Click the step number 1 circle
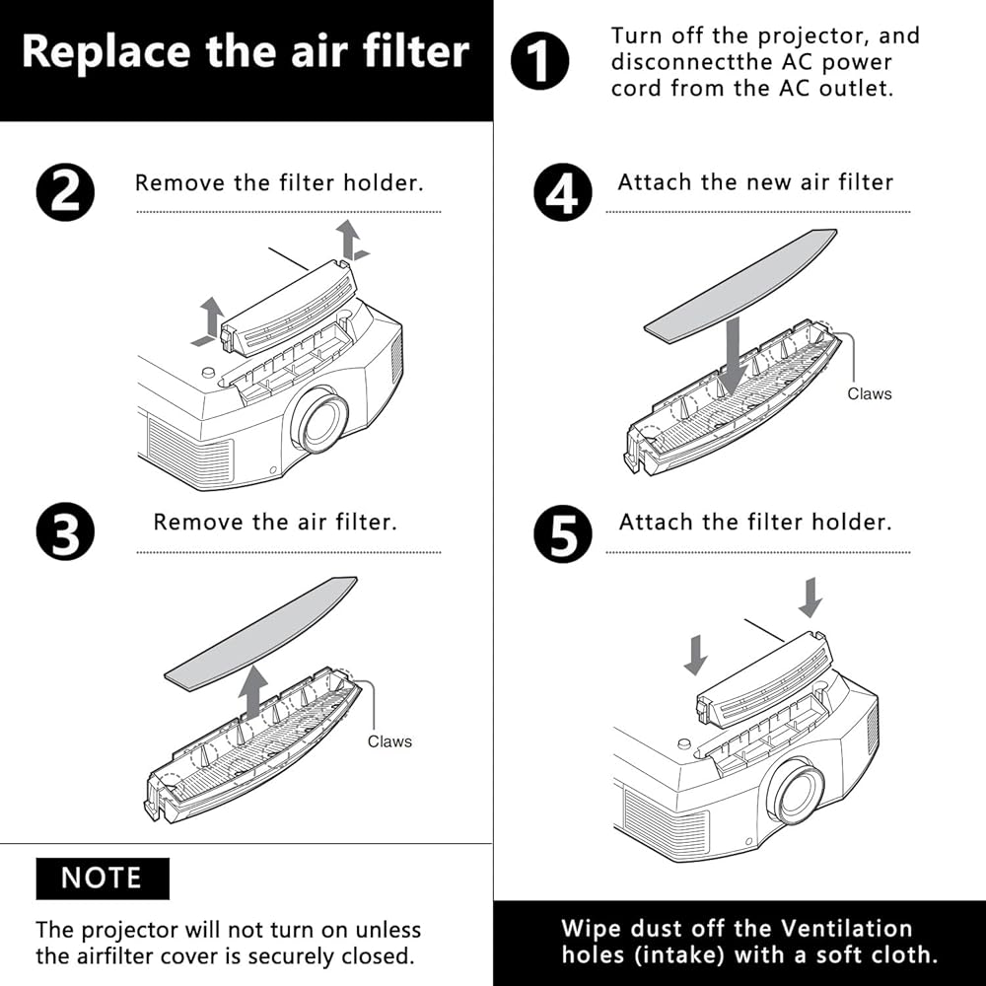pyautogui.click(x=539, y=61)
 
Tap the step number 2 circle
pyautogui.click(x=65, y=192)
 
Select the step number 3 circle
pyautogui.click(x=65, y=530)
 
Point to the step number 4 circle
pyautogui.click(x=563, y=192)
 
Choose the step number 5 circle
pyautogui.click(x=563, y=533)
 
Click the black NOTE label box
pyautogui.click(x=103, y=878)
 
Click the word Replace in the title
pyautogui.click(x=106, y=51)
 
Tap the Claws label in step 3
pyautogui.click(x=389, y=741)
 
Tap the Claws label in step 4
pyautogui.click(x=870, y=393)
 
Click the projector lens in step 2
pyautogui.click(x=320, y=419)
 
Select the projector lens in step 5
pyautogui.click(x=796, y=791)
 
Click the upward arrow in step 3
pyautogui.click(x=253, y=693)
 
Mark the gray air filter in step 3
pyautogui.click(x=261, y=633)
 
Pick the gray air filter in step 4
pyautogui.click(x=740, y=286)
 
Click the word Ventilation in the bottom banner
pyautogui.click(x=846, y=928)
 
